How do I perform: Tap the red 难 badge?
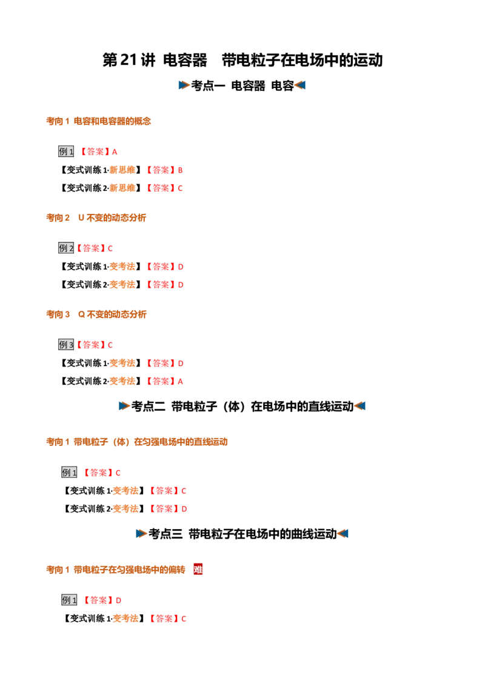198,569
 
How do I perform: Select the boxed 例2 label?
66,248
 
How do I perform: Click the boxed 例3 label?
66,345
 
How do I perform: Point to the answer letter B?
180,170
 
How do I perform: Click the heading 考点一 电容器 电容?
242,85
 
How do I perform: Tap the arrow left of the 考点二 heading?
124,407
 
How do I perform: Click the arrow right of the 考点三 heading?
343,534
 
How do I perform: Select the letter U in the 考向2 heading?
81,218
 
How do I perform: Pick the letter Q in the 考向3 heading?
81,315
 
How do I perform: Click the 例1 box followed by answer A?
66,152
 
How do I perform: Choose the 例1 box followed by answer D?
69,600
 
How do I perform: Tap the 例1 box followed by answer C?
69,473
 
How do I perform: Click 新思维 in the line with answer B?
122,170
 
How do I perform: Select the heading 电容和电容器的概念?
112,121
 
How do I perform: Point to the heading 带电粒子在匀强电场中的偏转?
129,570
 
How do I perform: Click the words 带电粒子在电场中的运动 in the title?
302,60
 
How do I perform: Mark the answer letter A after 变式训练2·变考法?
180,382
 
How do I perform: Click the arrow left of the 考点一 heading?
184,85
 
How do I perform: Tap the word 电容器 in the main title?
185,60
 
